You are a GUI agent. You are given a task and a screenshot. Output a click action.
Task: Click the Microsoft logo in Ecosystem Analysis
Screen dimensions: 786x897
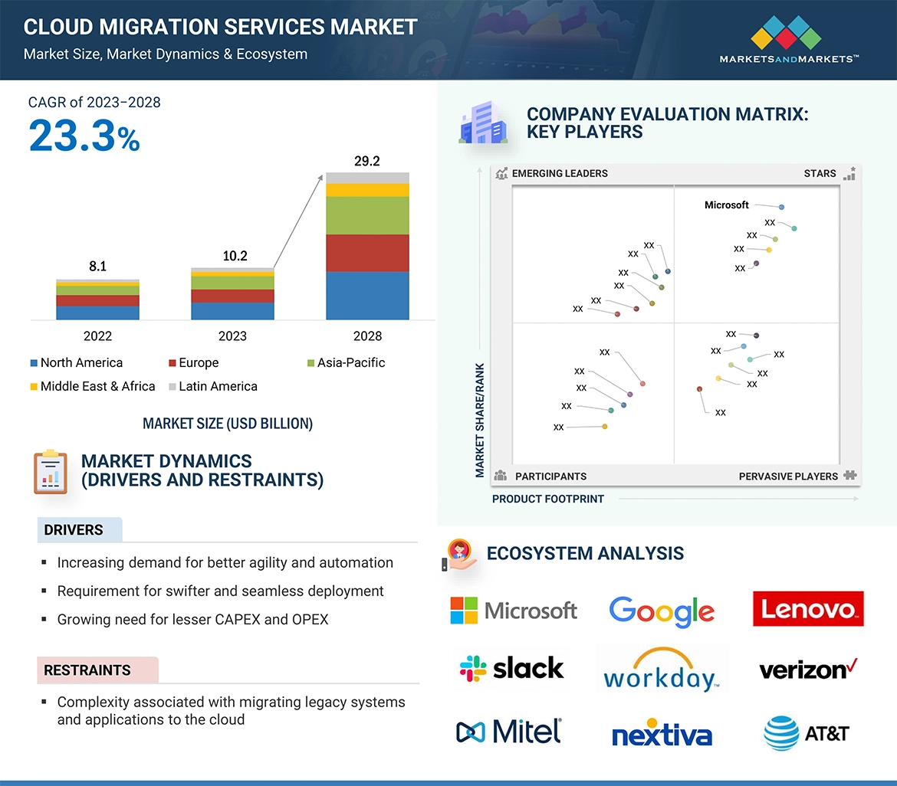pyautogui.click(x=514, y=611)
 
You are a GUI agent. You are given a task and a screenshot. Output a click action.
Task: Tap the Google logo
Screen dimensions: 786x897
pyautogui.click(x=662, y=611)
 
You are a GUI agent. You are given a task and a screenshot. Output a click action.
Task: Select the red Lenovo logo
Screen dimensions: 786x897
pyautogui.click(x=808, y=609)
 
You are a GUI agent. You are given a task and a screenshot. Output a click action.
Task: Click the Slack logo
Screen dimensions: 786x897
pyautogui.click(x=512, y=668)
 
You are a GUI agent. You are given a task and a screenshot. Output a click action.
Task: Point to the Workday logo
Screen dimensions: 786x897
pyautogui.click(x=661, y=670)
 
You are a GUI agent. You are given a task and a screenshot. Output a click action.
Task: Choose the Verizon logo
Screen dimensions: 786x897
pyautogui.click(x=808, y=670)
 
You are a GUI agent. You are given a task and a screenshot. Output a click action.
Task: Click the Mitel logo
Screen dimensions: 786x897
pyautogui.click(x=510, y=731)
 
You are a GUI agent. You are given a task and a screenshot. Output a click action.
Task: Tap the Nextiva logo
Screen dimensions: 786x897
pyautogui.click(x=662, y=734)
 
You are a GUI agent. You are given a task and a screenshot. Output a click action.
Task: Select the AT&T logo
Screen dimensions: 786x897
pyautogui.click(x=807, y=732)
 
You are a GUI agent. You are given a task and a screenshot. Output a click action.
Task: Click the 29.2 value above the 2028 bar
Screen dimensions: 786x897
pyautogui.click(x=366, y=162)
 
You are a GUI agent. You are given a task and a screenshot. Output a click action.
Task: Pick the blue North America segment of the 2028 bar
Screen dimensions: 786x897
pyautogui.click(x=367, y=296)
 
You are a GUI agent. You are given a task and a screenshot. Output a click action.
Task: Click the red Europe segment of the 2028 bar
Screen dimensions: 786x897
pyautogui.click(x=367, y=253)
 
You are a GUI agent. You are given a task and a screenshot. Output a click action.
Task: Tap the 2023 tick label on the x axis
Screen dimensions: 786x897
pyautogui.click(x=232, y=336)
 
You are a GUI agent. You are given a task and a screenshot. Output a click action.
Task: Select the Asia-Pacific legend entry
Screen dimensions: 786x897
pyautogui.click(x=346, y=363)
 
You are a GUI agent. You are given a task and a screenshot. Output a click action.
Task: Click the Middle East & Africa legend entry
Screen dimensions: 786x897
pyautogui.click(x=92, y=386)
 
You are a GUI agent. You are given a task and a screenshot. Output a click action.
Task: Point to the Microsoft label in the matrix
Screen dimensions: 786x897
pyautogui.click(x=726, y=205)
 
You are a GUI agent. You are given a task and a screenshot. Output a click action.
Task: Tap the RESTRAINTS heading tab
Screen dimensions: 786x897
pyautogui.click(x=87, y=670)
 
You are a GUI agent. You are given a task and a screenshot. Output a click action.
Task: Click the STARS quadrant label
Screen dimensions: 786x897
pyautogui.click(x=820, y=174)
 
